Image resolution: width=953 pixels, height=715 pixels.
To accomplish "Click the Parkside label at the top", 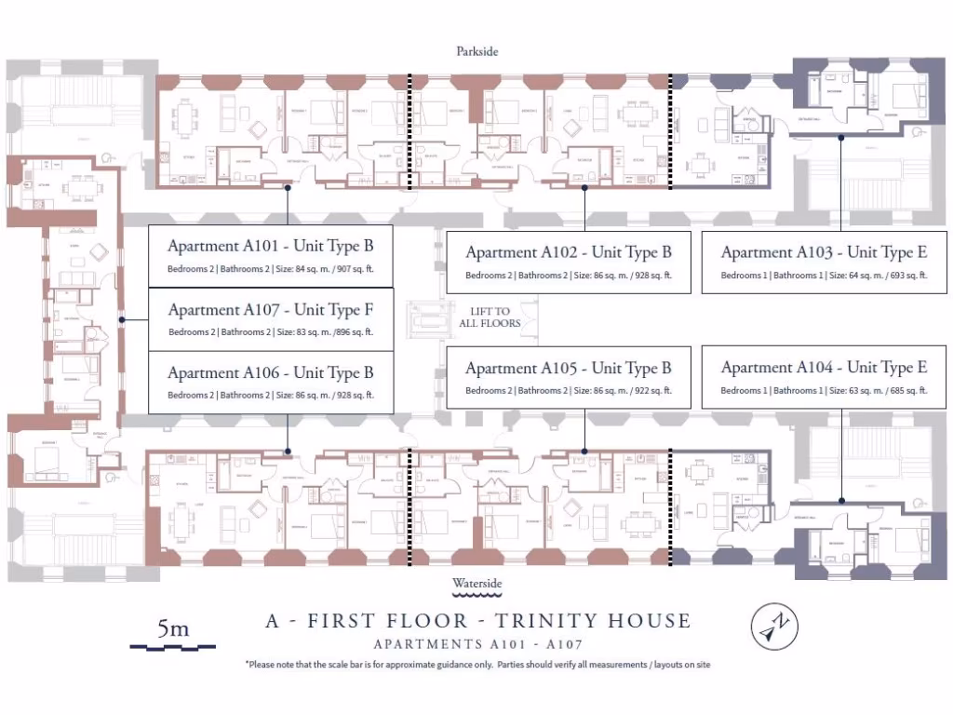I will (476, 51).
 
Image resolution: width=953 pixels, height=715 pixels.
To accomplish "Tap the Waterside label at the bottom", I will (476, 584).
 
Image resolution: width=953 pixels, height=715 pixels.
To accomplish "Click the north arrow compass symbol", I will (774, 627).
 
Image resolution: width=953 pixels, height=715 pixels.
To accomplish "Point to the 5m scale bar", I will (173, 634).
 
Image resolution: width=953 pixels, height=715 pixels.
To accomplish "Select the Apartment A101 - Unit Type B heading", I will (270, 247).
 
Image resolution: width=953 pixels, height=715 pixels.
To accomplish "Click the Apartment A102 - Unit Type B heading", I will (568, 252).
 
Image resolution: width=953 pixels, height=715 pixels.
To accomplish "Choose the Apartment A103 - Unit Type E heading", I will (824, 252).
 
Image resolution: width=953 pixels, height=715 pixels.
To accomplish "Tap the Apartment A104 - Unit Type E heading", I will (824, 368).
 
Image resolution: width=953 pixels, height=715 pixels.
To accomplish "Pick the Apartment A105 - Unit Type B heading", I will (568, 369).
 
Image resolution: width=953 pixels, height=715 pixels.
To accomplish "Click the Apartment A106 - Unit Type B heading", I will (270, 373).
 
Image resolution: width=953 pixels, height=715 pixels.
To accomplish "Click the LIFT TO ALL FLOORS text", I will (490, 317).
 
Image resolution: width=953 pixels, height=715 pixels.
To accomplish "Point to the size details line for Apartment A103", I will (824, 276).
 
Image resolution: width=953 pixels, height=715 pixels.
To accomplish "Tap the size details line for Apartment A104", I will (824, 391).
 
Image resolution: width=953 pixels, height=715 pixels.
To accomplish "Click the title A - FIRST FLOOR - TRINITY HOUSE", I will (477, 621).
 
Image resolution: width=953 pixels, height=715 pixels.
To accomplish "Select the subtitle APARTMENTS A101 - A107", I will (477, 644).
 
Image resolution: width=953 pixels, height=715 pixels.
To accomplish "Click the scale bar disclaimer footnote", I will (477, 665).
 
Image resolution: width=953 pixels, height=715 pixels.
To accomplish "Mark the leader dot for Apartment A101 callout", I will (289, 188).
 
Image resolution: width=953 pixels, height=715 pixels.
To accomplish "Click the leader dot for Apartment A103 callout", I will (840, 138).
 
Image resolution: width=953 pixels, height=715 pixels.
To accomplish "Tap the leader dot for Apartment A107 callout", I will (122, 320).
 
